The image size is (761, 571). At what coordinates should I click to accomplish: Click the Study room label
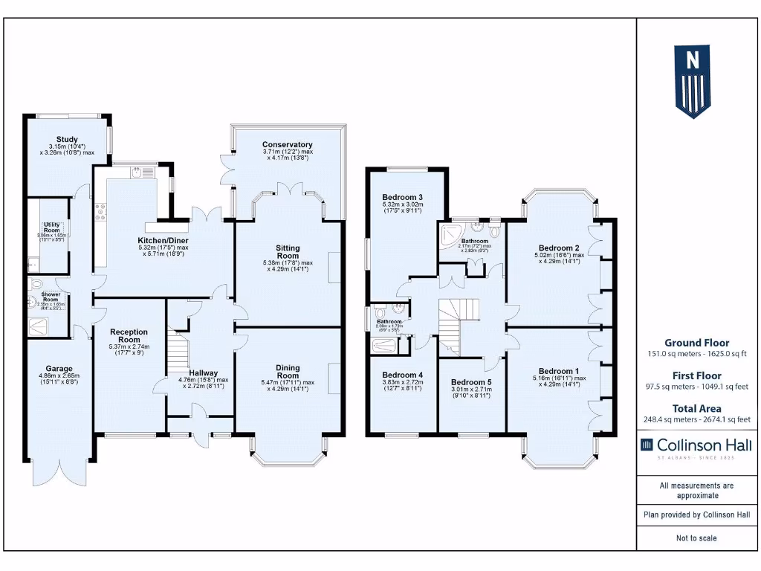pos(67,139)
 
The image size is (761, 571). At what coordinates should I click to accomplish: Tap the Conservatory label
pos(287,144)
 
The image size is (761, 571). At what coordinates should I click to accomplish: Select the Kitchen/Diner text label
pos(163,241)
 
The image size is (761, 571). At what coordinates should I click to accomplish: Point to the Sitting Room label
pos(287,252)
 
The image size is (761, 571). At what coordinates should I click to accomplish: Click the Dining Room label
pos(287,372)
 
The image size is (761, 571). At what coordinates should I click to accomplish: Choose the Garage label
pos(59,369)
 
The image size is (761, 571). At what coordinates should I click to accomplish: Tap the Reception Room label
pos(129,336)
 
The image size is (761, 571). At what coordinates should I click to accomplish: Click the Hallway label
pos(203,373)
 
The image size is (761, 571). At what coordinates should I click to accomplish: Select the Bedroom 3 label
pos(402,196)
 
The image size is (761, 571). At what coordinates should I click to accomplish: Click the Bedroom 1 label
pos(559,371)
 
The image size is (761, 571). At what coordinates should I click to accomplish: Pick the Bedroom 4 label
pos(402,375)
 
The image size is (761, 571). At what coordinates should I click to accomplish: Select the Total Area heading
pos(696,408)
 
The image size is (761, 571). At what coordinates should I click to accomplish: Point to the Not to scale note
pos(696,538)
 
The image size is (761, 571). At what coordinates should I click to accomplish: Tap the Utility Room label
pos(52,227)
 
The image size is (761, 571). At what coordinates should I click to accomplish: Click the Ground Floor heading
pos(696,343)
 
